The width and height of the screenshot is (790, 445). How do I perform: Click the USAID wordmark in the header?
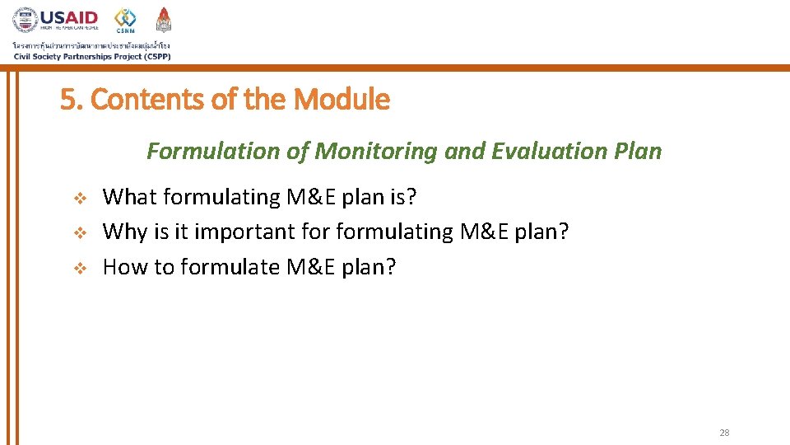[69, 17]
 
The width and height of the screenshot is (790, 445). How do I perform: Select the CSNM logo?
[125, 21]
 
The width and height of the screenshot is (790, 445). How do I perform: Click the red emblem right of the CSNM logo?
[164, 20]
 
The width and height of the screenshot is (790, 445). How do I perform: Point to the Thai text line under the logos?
[91, 45]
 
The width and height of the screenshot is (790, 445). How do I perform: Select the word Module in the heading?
[342, 100]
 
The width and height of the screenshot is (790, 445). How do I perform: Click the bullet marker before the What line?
[80, 198]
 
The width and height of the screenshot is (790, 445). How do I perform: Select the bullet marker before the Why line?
[80, 233]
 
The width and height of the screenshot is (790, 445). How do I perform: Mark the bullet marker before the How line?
[80, 269]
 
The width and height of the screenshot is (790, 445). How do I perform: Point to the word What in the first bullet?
[130, 197]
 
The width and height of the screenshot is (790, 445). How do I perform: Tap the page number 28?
[724, 433]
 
